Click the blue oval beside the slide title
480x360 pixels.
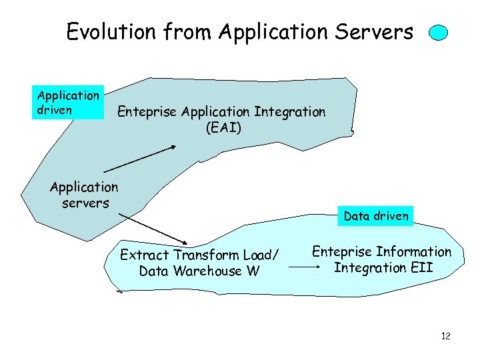(438, 33)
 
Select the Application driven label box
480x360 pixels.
(69, 103)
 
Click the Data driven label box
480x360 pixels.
(376, 216)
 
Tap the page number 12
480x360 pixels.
(445, 336)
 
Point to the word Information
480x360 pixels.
(413, 252)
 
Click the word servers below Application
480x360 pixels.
(85, 203)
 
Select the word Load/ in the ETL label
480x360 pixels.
(262, 255)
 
